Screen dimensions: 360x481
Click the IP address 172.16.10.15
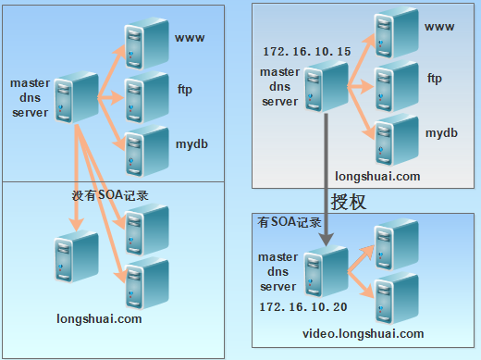click(x=305, y=52)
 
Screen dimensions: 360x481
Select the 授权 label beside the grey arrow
click(x=349, y=202)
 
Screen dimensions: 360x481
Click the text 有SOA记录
click(x=289, y=223)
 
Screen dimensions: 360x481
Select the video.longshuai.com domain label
click(x=363, y=334)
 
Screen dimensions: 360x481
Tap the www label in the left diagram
click(x=189, y=39)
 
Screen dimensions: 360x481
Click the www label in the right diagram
click(x=439, y=26)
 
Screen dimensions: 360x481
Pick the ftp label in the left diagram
click(x=184, y=90)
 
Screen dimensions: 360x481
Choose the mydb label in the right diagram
click(x=441, y=134)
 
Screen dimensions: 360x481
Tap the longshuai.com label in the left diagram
click(x=99, y=319)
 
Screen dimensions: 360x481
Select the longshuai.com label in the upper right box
click(x=378, y=175)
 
